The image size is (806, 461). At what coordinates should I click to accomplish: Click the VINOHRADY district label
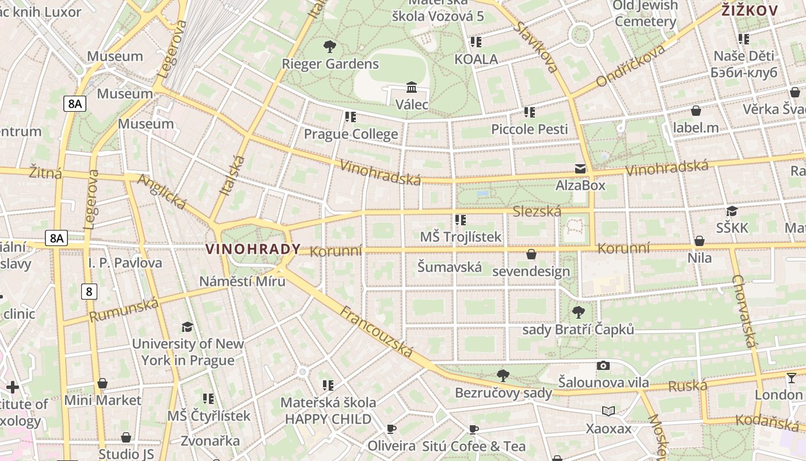click(253, 249)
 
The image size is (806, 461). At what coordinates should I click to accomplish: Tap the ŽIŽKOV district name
click(750, 10)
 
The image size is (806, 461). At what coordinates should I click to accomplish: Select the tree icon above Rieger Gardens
click(330, 47)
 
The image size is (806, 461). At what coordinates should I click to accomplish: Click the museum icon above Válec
click(412, 88)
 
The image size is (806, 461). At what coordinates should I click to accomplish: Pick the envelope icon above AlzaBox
click(580, 169)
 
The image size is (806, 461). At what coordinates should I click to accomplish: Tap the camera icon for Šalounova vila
click(603, 365)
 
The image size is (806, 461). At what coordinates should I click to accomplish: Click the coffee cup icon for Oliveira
click(391, 429)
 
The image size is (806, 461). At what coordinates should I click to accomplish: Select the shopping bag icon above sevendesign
click(531, 254)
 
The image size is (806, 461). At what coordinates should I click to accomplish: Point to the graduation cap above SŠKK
click(732, 211)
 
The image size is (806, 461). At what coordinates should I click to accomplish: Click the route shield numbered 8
click(89, 292)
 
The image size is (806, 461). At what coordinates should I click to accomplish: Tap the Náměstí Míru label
click(242, 282)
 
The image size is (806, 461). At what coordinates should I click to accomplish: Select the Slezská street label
click(537, 211)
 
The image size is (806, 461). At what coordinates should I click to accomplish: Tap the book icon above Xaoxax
click(609, 411)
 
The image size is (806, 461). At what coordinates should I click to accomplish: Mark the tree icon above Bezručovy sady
click(503, 376)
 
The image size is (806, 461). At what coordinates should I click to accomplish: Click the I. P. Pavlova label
click(125, 263)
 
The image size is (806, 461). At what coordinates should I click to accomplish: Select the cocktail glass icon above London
click(792, 377)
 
